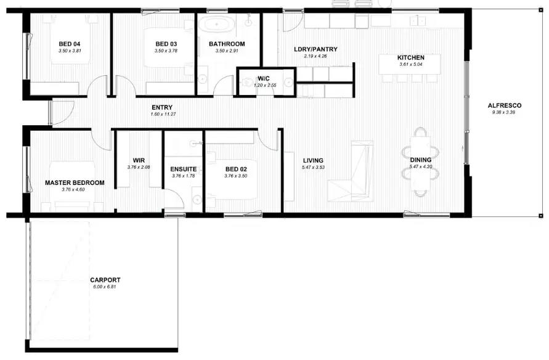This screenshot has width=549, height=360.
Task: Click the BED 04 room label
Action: (x=69, y=44)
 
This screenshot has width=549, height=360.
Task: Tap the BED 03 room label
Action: (x=166, y=44)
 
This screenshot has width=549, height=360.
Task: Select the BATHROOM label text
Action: (x=226, y=44)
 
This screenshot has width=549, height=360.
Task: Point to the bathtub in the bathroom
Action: (x=218, y=27)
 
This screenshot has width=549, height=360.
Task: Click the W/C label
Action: (x=264, y=78)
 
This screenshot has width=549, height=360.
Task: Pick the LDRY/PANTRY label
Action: (x=315, y=49)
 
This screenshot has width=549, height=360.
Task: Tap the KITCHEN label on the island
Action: (x=411, y=58)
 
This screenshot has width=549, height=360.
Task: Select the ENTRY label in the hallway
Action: (x=161, y=107)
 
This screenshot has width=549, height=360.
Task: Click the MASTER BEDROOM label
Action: (x=75, y=182)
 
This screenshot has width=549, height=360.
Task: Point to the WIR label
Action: (x=138, y=160)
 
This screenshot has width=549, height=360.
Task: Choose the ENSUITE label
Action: (x=184, y=168)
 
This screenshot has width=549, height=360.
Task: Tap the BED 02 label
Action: (x=236, y=168)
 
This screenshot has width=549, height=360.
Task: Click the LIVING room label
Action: (x=313, y=160)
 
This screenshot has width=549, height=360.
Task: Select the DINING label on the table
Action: (x=421, y=160)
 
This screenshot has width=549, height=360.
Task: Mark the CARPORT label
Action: (x=105, y=279)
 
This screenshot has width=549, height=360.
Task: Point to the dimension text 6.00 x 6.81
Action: (x=104, y=287)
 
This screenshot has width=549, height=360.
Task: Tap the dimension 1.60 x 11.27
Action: (x=163, y=114)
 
